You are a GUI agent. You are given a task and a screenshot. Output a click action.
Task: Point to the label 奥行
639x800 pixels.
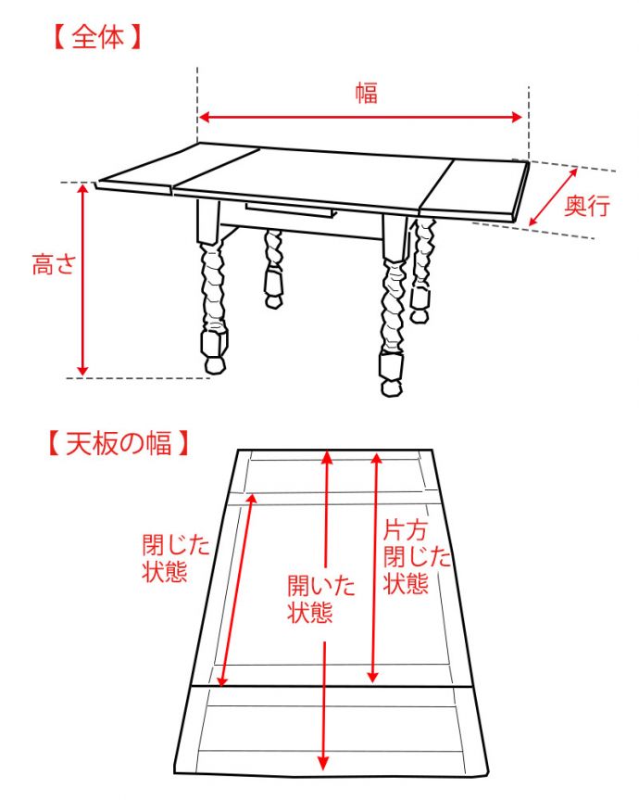587,206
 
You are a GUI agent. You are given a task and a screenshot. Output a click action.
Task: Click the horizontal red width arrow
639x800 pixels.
362,118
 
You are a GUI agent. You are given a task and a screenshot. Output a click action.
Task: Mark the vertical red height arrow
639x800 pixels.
83,278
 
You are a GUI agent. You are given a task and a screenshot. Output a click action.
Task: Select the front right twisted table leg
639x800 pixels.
393,306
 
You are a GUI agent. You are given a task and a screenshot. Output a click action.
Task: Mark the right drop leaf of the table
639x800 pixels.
477,185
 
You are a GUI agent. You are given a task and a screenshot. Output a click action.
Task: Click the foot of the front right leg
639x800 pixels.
392,375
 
